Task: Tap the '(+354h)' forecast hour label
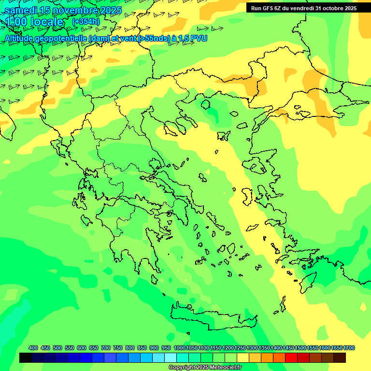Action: pos(86,22)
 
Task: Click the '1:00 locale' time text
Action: pos(34,22)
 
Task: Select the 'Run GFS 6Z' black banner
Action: pos(303,8)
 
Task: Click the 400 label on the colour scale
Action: pos(33,348)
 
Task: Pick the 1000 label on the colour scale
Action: pos(179,348)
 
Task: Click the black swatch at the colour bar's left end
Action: pos(26,358)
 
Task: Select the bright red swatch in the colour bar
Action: pos(291,358)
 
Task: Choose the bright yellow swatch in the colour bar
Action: pos(243,358)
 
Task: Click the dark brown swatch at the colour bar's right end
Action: pos(340,358)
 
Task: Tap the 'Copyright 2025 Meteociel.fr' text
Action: pos(205,368)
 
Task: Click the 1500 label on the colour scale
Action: pos(300,348)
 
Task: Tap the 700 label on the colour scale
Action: pos(106,348)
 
